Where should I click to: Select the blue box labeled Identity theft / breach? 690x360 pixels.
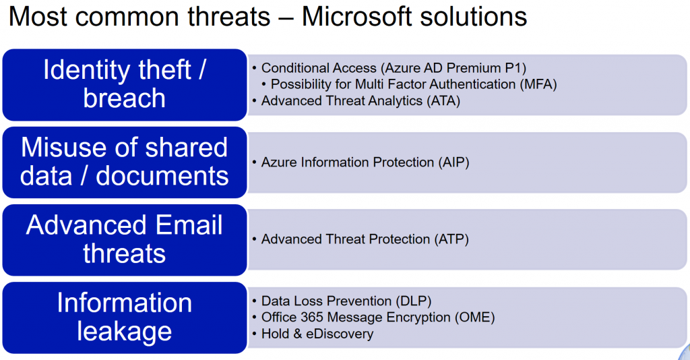[125, 85]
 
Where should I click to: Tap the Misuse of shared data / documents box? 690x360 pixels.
[125, 162]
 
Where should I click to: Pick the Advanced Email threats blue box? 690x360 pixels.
[125, 240]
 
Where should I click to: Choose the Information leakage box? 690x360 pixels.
[125, 318]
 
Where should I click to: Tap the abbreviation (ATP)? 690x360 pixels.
[452, 239]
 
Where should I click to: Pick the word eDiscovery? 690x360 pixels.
[340, 334]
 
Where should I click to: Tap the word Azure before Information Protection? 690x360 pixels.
[280, 162]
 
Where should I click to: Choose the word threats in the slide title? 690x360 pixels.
[229, 17]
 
